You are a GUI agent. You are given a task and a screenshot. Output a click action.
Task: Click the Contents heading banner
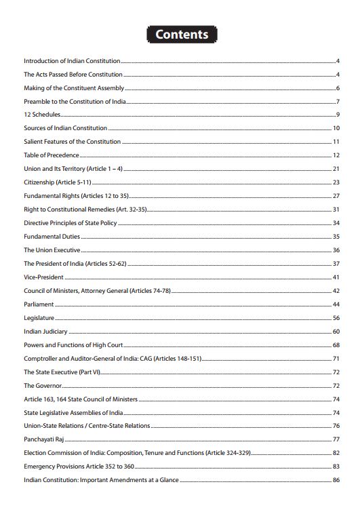(x=181, y=34)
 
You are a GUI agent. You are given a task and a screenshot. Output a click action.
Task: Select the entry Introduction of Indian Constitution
(x=72, y=61)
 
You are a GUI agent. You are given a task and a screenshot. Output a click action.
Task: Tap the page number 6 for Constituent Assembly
(x=337, y=88)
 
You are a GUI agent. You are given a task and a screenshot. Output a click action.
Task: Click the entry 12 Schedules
(x=42, y=115)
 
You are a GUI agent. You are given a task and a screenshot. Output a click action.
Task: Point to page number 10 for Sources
(x=336, y=128)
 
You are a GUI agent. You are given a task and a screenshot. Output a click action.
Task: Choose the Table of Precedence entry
(x=52, y=155)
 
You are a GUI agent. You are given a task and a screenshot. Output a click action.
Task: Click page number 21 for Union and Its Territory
(x=336, y=169)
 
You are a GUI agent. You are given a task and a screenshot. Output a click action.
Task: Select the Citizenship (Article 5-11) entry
(x=57, y=182)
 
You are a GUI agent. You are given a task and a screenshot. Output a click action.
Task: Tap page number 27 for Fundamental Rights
(x=336, y=196)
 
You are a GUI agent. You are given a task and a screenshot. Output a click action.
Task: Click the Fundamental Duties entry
(x=52, y=237)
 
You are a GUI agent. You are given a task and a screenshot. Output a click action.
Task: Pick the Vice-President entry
(x=44, y=277)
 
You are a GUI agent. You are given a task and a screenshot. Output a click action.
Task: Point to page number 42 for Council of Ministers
(x=336, y=291)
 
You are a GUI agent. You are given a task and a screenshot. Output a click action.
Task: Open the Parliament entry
(x=39, y=304)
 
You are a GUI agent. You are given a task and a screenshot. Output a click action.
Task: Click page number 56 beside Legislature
(x=336, y=318)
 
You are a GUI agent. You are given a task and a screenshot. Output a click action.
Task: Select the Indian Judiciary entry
(x=45, y=332)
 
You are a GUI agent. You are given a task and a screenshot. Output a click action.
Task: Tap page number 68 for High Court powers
(x=336, y=345)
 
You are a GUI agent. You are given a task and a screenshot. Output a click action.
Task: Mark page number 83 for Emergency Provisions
(x=336, y=467)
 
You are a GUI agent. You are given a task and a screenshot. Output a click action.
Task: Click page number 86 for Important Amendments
(x=336, y=480)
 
